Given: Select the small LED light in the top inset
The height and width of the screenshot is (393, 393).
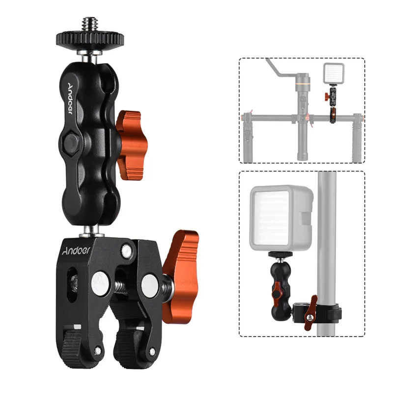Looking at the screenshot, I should pos(331,74).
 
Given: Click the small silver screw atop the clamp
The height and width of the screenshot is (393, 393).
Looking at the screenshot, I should pos(127,251).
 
